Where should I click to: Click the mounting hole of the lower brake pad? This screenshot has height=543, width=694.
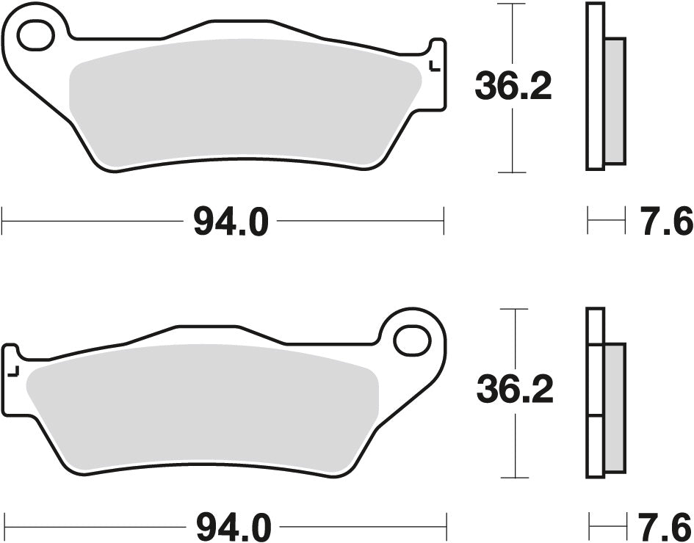point(411,340)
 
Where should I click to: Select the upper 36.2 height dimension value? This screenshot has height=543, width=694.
point(512,87)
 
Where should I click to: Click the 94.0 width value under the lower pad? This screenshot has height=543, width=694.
point(234,527)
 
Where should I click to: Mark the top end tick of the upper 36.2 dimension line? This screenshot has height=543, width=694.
point(511,4)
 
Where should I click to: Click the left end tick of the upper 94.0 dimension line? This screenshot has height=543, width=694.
point(3,220)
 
